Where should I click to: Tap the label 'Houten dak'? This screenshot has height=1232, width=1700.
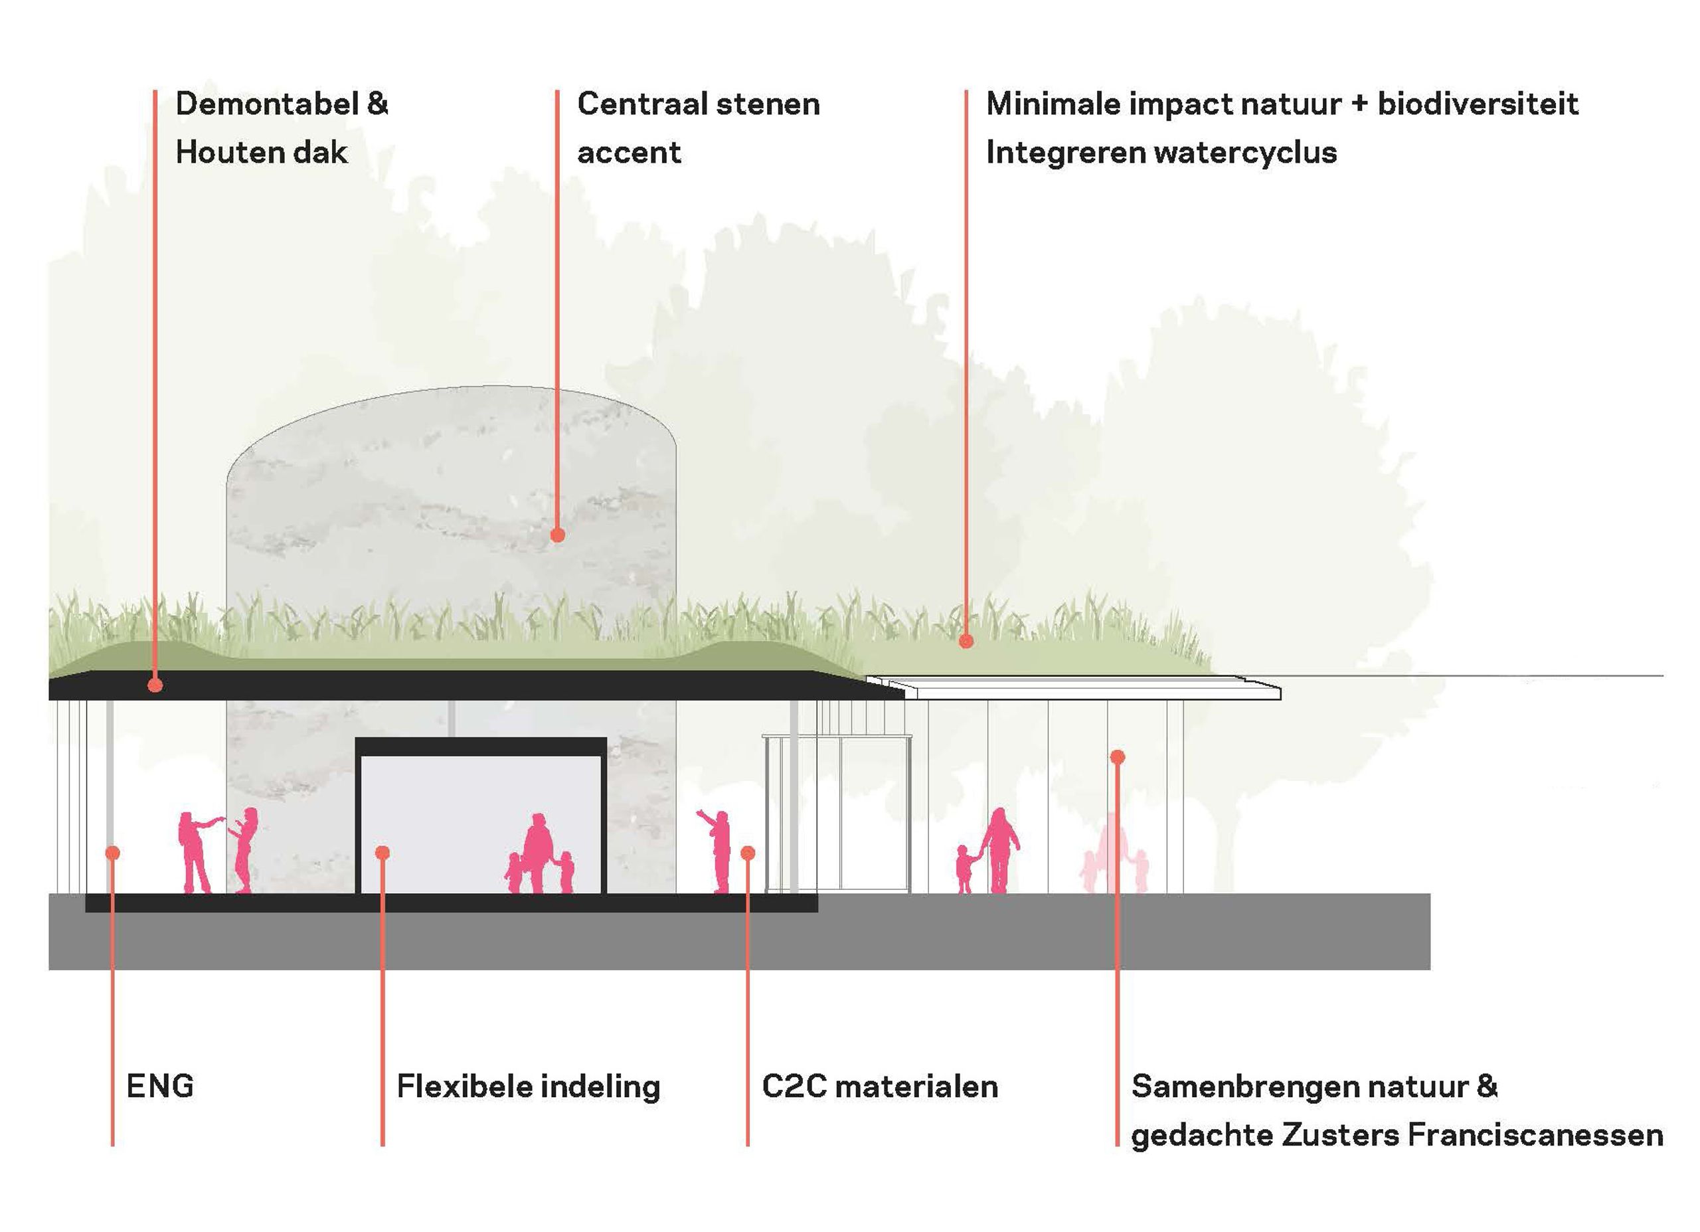261,152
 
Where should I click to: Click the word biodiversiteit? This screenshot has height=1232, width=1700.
1478,104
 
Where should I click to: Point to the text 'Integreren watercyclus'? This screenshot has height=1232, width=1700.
1161,152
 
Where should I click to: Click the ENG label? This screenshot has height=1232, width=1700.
159,1086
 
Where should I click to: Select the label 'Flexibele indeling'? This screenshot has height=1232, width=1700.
528,1086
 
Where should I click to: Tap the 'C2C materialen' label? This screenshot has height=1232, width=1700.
879,1086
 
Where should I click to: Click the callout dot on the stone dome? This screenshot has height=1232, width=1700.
557,535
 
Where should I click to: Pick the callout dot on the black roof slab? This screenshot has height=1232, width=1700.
155,685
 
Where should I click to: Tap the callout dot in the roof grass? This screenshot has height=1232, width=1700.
966,641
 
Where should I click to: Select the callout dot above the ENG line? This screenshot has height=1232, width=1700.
112,853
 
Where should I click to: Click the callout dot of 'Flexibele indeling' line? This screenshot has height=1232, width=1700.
382,853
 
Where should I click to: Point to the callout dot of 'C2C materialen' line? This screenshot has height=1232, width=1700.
747,853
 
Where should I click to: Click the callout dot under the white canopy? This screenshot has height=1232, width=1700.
1117,756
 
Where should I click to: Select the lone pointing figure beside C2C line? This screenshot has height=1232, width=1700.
720,851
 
